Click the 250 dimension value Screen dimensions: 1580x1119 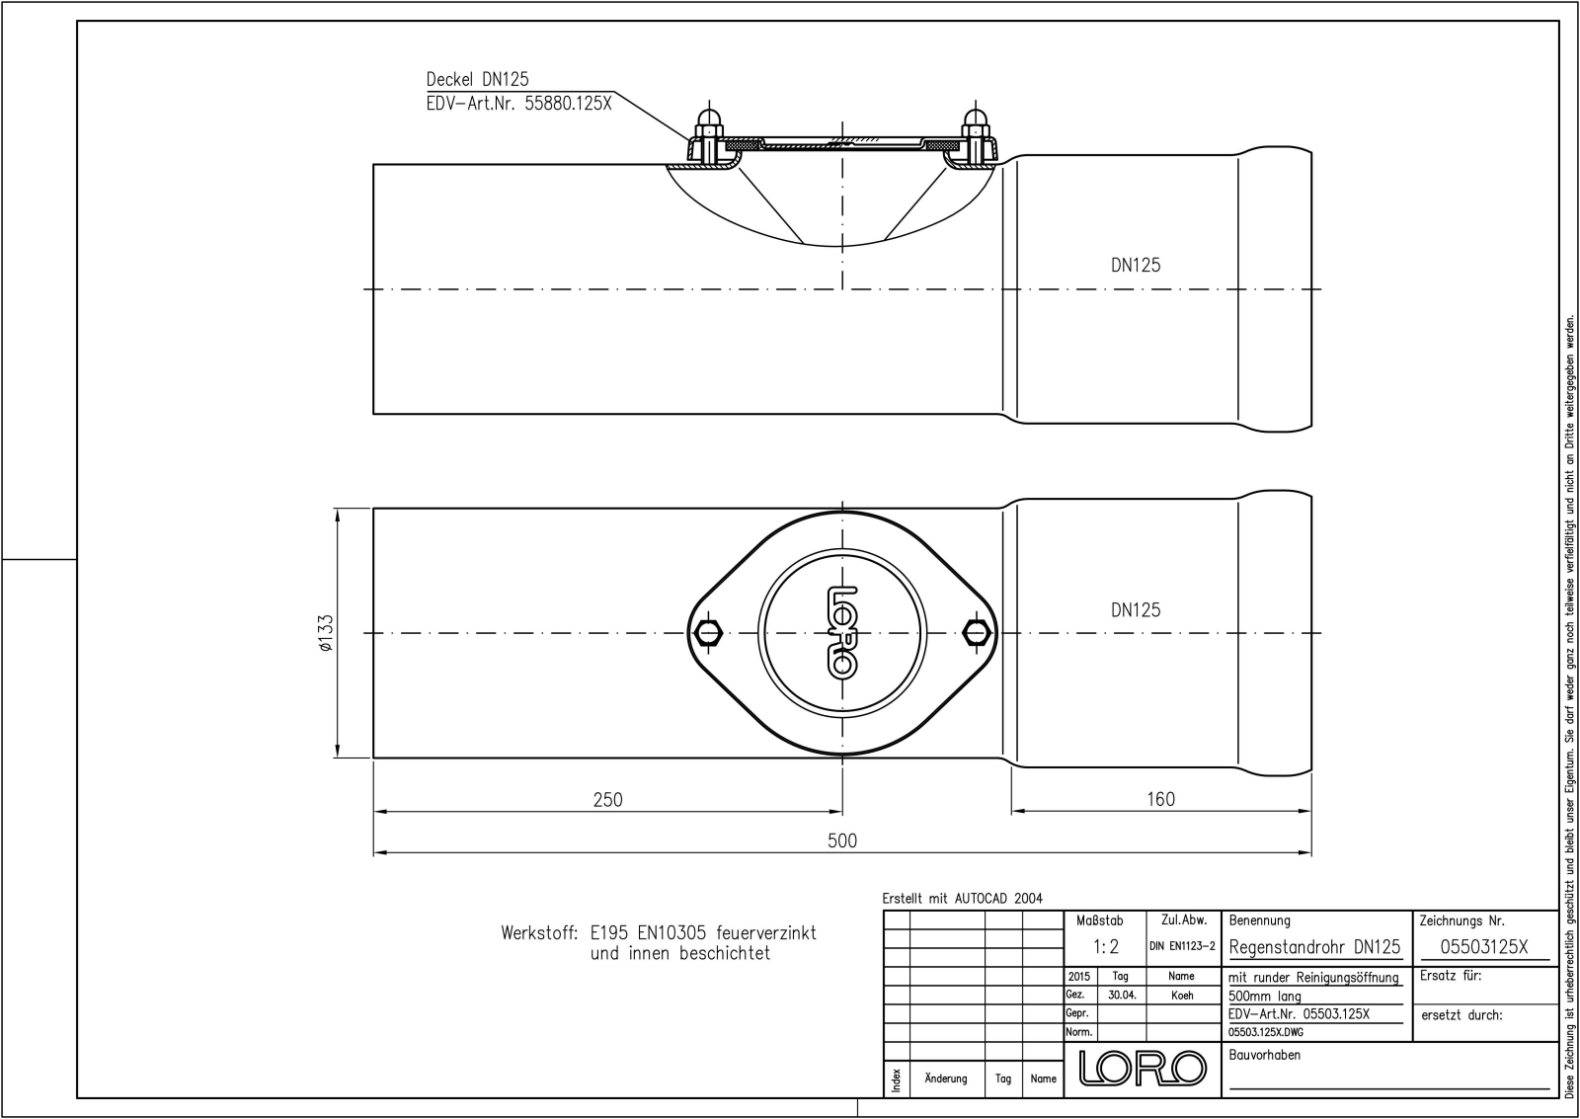pyautogui.click(x=607, y=799)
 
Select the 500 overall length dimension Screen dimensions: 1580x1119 pyautogui.click(x=842, y=840)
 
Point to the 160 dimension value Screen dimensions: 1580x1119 pyautogui.click(x=1160, y=799)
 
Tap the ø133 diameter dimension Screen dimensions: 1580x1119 pyautogui.click(x=326, y=633)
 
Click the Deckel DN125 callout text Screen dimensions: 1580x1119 pyautogui.click(x=478, y=79)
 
